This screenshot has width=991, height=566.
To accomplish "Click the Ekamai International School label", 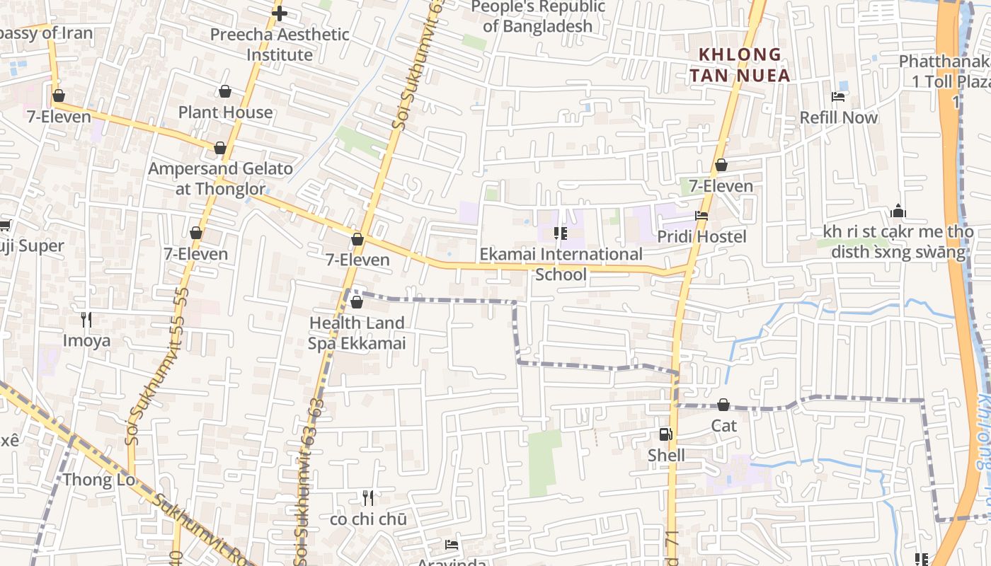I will (561, 264).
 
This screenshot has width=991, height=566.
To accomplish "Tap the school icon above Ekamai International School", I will (561, 233).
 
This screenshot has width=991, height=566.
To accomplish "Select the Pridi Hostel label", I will (701, 236).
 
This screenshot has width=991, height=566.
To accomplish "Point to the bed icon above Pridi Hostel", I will (701, 216).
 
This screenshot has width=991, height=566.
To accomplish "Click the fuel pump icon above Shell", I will (665, 434).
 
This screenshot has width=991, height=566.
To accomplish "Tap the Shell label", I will (666, 455).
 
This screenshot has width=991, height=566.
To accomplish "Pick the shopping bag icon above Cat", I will (723, 405).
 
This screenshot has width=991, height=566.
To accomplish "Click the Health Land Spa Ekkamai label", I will (357, 333).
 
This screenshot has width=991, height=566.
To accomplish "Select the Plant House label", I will (225, 112).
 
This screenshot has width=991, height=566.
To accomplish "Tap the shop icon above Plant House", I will (225, 91).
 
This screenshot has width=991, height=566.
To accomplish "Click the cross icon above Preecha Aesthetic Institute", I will (280, 13).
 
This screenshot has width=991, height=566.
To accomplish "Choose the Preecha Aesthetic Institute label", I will (280, 44).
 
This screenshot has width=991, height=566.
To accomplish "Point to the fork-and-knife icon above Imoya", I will (86, 320).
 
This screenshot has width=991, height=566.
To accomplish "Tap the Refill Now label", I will (839, 117).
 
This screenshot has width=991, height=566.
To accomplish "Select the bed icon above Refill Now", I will (839, 97).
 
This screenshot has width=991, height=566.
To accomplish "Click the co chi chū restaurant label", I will (368, 519).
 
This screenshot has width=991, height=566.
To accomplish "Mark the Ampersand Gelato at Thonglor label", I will (220, 178).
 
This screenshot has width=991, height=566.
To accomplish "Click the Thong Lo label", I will (99, 480).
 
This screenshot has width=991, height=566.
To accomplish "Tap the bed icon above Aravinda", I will (452, 545).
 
